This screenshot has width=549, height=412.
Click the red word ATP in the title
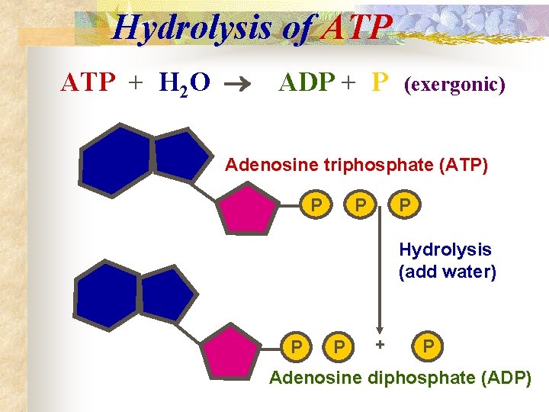pyautogui.click(x=358, y=28)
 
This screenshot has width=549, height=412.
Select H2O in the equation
pyautogui.click(x=185, y=82)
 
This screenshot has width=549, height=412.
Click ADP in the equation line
pyautogui.click(x=307, y=82)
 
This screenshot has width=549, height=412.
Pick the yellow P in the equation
pyautogui.click(x=380, y=82)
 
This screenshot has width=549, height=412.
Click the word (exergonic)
pyautogui.click(x=454, y=83)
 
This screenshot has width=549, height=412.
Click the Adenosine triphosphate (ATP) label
pyautogui.click(x=357, y=165)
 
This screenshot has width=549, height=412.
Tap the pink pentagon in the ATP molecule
pyautogui.click(x=245, y=208)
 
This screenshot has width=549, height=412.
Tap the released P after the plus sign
pyautogui.click(x=429, y=347)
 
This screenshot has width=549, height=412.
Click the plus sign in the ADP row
pyautogui.click(x=379, y=345)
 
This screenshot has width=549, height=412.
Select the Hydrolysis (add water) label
pyautogui.click(x=447, y=261)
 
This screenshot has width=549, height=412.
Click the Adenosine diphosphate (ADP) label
pyautogui.click(x=400, y=378)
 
